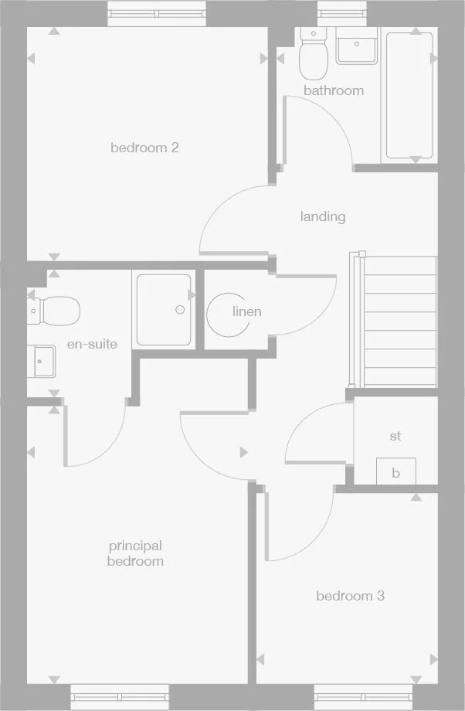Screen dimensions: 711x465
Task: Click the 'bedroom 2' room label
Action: pos(144,147)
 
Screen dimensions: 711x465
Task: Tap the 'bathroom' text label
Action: pos(333,90)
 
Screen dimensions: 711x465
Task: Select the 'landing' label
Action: pos(323,216)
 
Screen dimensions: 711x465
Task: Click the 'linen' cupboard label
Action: pos(247,311)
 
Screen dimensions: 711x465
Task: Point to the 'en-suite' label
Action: pos(92,344)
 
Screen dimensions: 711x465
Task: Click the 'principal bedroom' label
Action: pos(135,553)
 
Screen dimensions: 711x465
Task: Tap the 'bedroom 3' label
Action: pos(350,596)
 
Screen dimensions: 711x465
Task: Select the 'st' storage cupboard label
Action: pos(395,436)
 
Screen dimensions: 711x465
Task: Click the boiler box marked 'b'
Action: pos(395,472)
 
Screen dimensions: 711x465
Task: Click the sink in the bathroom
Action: pos(356,47)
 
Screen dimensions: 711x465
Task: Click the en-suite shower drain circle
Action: pos(180,309)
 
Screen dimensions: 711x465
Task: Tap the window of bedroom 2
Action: pos(157,13)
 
